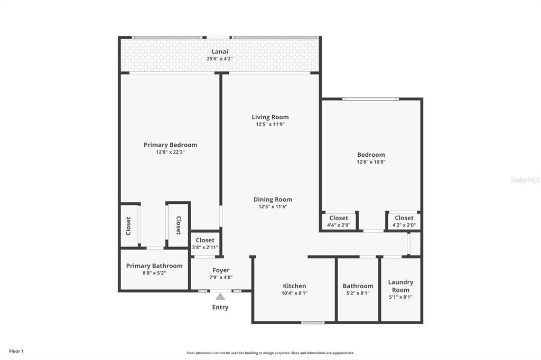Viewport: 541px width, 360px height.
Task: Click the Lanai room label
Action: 220,51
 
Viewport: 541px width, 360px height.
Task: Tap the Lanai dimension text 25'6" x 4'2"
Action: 220,59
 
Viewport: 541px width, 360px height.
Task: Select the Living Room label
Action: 270,117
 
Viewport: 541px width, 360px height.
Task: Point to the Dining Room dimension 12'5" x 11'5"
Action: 273,207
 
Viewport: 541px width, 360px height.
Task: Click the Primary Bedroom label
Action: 170,145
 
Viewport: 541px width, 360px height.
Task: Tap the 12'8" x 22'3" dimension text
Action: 170,152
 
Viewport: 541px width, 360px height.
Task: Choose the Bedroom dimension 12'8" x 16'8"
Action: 371,162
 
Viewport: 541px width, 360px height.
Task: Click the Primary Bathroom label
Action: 154,266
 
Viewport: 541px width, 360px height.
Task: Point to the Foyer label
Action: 221,270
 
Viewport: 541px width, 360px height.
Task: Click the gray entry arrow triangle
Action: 220,297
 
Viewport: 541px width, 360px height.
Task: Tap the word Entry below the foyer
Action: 220,307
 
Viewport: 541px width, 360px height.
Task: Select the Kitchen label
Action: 295,286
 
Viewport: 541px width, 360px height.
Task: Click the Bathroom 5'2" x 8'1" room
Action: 358,289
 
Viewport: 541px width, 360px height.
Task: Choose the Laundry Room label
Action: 400,286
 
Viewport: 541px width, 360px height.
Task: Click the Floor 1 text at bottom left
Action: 16,351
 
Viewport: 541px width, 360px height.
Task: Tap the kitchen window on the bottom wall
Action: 313,322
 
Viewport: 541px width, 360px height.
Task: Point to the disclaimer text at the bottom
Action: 270,353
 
